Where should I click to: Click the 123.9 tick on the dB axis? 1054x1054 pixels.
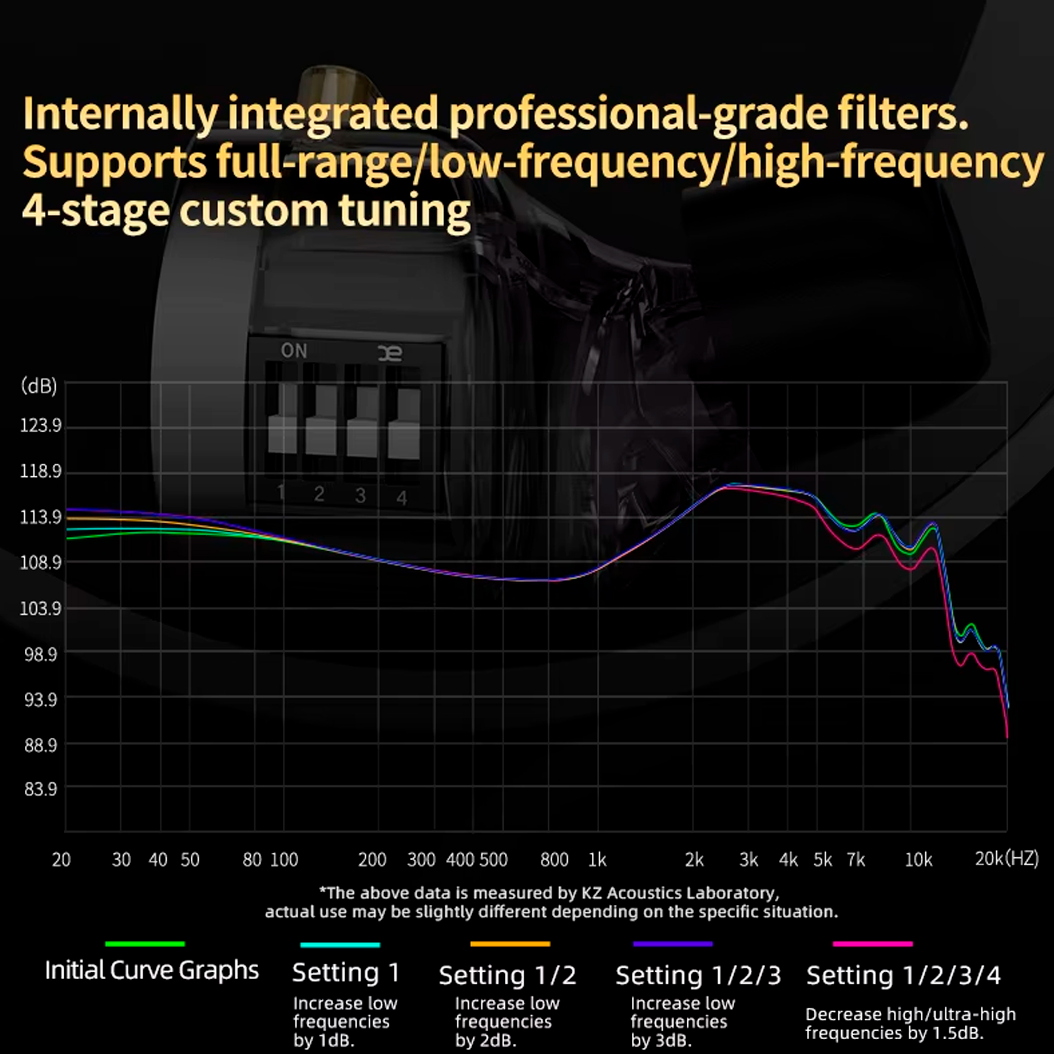[41, 425]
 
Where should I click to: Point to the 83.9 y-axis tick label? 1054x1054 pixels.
[41, 789]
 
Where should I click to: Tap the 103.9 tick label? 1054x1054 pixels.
[41, 608]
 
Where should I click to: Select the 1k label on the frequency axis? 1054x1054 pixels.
[597, 860]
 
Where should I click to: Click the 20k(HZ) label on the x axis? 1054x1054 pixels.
[1006, 858]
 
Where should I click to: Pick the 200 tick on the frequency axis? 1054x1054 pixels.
[372, 860]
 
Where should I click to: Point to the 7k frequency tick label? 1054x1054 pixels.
[855, 860]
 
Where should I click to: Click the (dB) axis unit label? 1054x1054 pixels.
[38, 386]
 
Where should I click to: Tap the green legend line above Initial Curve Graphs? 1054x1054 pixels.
[145, 944]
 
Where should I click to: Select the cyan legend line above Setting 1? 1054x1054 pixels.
[340, 945]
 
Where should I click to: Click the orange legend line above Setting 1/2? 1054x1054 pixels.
[510, 944]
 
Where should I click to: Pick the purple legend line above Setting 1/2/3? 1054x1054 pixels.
[672, 944]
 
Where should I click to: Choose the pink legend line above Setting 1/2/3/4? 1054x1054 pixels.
[872, 944]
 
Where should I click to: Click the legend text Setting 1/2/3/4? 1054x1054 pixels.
[903, 975]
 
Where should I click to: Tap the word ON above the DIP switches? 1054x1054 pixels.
[294, 351]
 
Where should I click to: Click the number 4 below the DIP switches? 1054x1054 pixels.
[402, 497]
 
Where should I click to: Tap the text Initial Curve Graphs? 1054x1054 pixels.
[152, 971]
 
